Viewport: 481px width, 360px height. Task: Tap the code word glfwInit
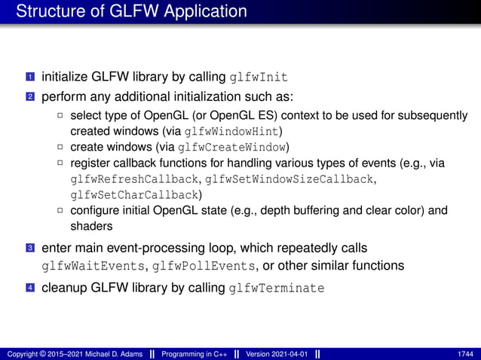tap(259, 78)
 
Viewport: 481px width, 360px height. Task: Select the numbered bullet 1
tap(30, 78)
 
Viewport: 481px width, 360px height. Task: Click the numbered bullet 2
tap(30, 98)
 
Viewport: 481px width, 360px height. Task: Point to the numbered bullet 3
tap(30, 249)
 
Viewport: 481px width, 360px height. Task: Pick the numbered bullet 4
tap(30, 288)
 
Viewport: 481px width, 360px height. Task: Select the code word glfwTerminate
tap(277, 288)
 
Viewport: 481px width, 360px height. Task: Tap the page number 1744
tap(466, 353)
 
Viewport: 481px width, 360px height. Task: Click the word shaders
tap(91, 226)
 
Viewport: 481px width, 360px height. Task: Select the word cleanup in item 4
tap(66, 288)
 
